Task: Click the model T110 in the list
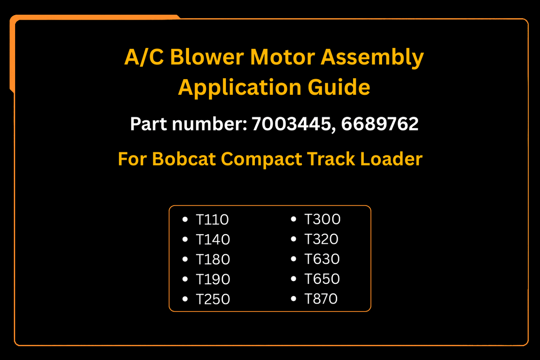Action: (212, 219)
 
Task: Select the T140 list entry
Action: (213, 239)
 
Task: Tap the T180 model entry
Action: (213, 259)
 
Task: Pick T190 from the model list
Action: (213, 279)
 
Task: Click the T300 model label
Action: (322, 219)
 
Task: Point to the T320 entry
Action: (321, 239)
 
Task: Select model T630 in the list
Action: (322, 259)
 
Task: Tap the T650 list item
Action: (322, 279)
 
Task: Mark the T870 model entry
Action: (321, 299)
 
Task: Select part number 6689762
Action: (380, 124)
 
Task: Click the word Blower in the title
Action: (207, 57)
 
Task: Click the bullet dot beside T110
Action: (185, 219)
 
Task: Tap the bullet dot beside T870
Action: (294, 299)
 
